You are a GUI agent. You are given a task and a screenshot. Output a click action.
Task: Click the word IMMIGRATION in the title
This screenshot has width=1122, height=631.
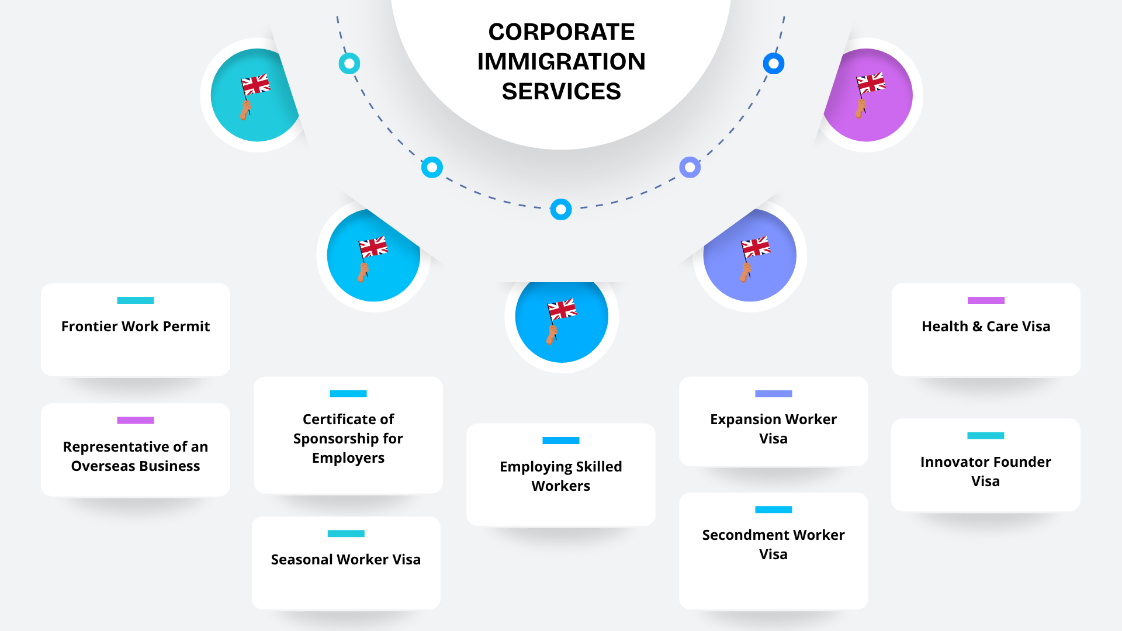click(561, 61)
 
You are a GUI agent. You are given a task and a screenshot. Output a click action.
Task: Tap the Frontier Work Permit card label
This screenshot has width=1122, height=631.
click(136, 326)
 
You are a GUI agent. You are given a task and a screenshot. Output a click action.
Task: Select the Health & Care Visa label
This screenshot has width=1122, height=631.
click(986, 326)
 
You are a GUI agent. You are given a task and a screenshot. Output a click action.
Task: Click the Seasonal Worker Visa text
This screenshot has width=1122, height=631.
click(345, 559)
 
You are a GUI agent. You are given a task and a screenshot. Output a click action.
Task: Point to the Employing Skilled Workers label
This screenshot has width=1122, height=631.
click(560, 476)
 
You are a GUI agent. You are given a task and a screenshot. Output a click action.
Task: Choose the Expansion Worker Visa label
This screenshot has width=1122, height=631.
click(773, 428)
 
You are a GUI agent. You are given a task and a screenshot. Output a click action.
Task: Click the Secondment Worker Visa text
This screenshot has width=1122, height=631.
click(773, 544)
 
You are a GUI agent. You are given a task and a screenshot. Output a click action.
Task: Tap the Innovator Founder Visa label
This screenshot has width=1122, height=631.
click(985, 471)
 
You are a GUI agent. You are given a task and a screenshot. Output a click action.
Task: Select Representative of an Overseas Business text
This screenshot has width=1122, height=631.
click(136, 456)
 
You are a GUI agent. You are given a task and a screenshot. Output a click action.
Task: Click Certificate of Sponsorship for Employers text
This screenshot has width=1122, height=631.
click(348, 438)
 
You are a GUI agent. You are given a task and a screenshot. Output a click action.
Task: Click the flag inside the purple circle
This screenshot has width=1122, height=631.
click(870, 85)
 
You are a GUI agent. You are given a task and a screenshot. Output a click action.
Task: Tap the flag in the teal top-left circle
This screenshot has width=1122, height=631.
click(255, 86)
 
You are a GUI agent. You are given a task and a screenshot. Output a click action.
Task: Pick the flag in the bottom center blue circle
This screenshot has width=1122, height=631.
click(562, 310)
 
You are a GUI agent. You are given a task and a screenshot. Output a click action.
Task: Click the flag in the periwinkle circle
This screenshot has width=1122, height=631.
click(755, 248)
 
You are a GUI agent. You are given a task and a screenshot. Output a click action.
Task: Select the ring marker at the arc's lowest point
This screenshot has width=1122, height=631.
click(561, 209)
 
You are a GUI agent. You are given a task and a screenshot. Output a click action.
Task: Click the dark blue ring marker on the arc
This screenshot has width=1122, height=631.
click(774, 64)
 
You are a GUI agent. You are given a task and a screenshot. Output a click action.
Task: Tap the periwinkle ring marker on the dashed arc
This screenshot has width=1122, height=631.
click(690, 168)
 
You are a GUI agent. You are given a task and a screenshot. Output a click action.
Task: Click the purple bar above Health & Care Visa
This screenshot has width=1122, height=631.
click(986, 300)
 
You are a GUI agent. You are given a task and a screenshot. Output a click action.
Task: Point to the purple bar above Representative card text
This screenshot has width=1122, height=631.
click(136, 420)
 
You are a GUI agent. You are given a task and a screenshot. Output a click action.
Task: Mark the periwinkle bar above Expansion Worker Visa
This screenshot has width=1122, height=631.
click(773, 394)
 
